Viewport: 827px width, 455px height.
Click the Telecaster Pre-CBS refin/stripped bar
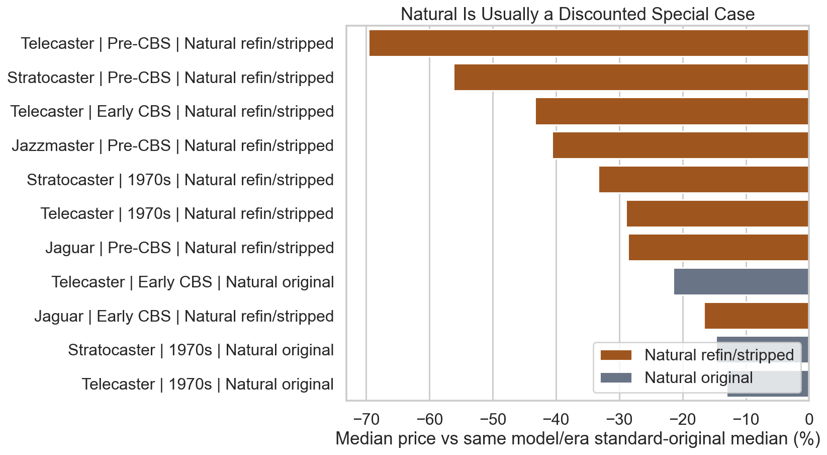tap(588, 43)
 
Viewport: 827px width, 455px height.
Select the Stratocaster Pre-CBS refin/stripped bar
tap(631, 78)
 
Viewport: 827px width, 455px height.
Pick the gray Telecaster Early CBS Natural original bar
tap(741, 282)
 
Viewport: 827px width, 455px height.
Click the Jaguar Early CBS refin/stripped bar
tap(756, 316)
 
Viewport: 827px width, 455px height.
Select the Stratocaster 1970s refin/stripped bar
tap(703, 180)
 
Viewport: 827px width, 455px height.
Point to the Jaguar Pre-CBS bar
tap(718, 248)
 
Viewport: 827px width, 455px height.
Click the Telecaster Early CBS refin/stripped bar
tap(672, 111)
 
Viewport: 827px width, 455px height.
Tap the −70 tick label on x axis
tap(366, 419)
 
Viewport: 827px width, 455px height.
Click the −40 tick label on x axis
tap(556, 419)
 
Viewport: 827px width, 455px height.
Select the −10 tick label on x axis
tap(746, 419)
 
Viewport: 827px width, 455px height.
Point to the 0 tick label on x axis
tap(809, 419)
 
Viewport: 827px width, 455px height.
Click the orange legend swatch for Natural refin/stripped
tap(616, 355)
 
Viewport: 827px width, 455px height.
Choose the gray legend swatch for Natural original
tap(616, 378)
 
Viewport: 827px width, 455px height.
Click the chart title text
tap(578, 14)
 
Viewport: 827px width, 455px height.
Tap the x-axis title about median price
tap(578, 439)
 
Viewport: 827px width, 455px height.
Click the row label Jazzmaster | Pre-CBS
tap(172, 146)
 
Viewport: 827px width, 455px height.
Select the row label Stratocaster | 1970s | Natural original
tap(201, 350)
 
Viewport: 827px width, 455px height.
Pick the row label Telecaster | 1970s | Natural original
tap(208, 385)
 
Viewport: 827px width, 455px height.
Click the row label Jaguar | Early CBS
tap(184, 317)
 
